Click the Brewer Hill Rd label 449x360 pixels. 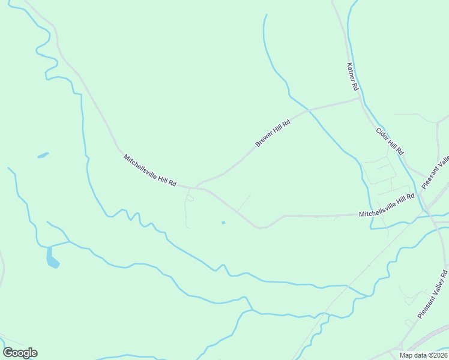point(273,133)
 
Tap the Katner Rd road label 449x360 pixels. point(352,77)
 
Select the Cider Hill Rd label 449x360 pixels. point(390,141)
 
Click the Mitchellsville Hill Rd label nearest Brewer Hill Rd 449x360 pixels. point(150,170)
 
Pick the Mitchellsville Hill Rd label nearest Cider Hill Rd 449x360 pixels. point(387,205)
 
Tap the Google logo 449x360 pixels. point(20,353)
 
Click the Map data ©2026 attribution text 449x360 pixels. point(423,355)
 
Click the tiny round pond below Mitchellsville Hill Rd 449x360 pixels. point(223,223)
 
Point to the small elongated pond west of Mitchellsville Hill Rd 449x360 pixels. point(43,155)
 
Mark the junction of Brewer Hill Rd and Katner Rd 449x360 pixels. point(360,99)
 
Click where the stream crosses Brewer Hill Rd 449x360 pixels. point(308,110)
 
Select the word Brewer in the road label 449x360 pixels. point(265,139)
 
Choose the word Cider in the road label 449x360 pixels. point(382,133)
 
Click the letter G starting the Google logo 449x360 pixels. point(8,353)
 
